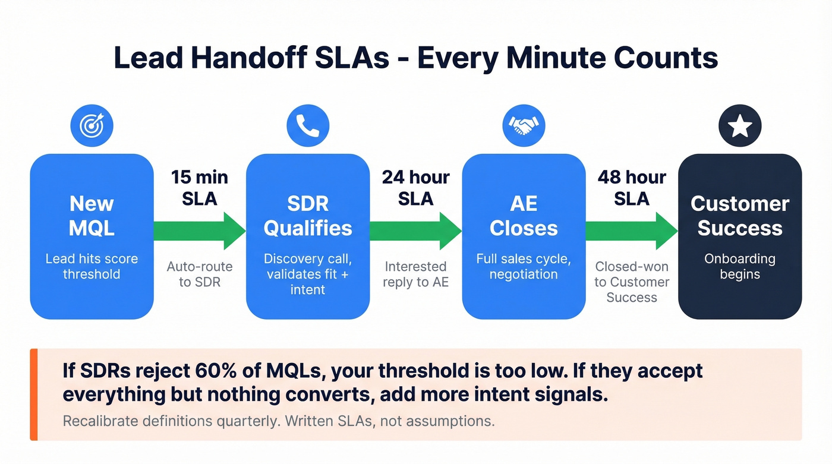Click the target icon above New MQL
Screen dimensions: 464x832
coord(92,125)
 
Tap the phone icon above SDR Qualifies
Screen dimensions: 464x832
coord(308,125)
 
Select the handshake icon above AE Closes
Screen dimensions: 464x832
coord(524,125)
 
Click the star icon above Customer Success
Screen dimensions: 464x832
coord(740,125)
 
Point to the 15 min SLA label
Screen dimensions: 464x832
coord(200,188)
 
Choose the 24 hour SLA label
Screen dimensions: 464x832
coord(415,188)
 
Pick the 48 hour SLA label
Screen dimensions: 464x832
coord(632,188)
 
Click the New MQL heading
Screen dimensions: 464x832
coord(92,216)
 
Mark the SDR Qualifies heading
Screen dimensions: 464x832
coord(308,216)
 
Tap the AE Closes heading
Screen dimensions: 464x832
coord(524,216)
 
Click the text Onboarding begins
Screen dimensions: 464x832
coord(740,266)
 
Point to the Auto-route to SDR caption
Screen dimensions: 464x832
coord(200,274)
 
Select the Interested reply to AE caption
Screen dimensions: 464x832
coord(415,274)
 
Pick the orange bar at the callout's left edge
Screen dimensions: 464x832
coord(34,394)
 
